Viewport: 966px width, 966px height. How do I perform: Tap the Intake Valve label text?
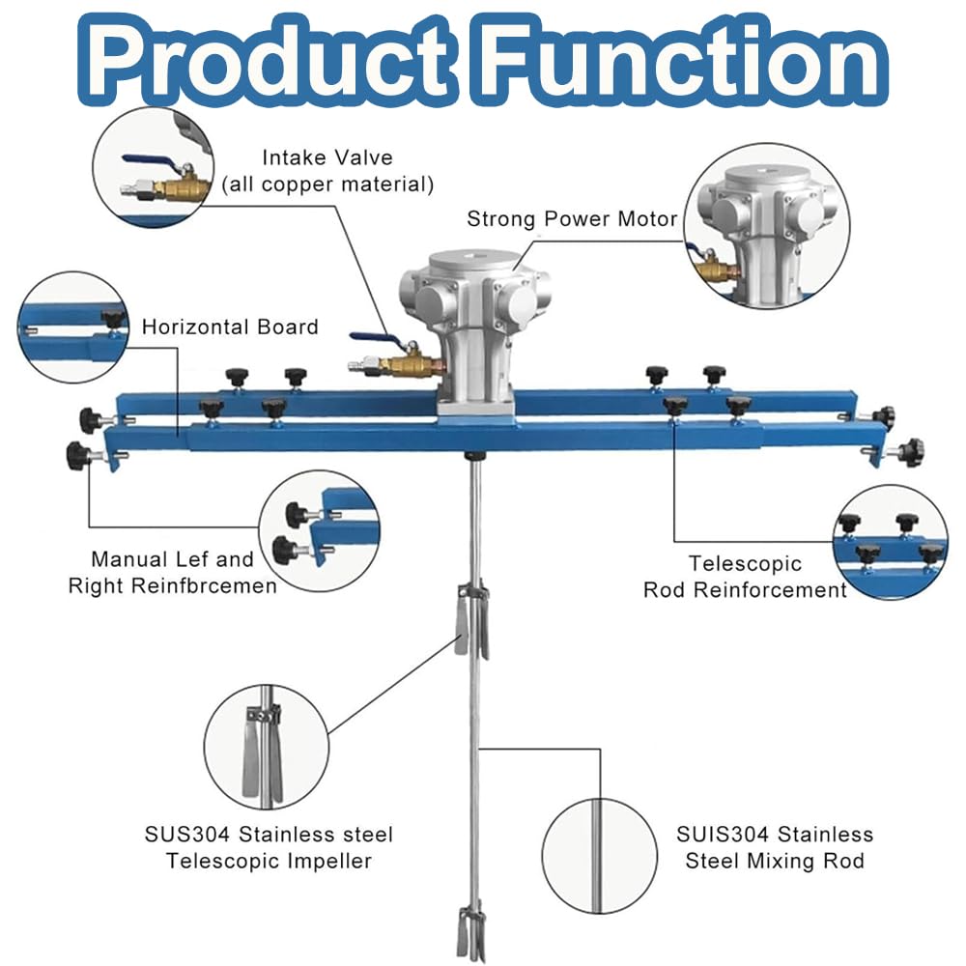point(327,157)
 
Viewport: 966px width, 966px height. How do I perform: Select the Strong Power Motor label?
point(572,218)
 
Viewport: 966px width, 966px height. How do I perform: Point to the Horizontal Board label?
point(230,327)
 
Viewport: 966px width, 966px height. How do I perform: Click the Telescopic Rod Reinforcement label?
point(745,577)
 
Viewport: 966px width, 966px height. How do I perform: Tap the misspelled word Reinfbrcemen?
point(206,585)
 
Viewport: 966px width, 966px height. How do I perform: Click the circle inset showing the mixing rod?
point(600,856)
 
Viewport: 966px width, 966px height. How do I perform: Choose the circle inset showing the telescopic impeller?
point(267,748)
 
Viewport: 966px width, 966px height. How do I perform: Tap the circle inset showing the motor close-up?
point(767,226)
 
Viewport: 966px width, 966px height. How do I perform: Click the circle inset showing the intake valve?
point(154,166)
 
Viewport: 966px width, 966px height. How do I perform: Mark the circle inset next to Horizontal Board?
point(73,327)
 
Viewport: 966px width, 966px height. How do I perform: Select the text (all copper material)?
point(327,185)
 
